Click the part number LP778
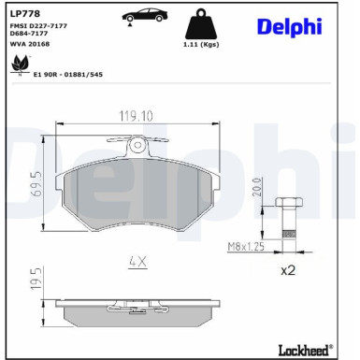[24, 14]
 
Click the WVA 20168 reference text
[29, 43]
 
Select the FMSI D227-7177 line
[37, 26]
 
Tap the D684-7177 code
[29, 35]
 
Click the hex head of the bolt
[287, 204]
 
